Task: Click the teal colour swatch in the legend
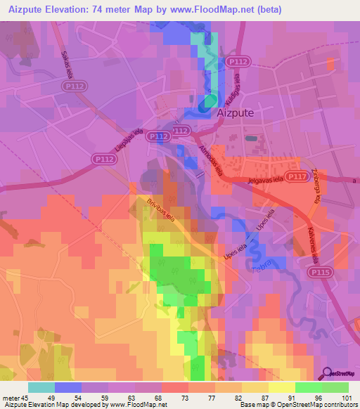(x=41, y=387)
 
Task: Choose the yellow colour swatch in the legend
(x=282, y=387)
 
